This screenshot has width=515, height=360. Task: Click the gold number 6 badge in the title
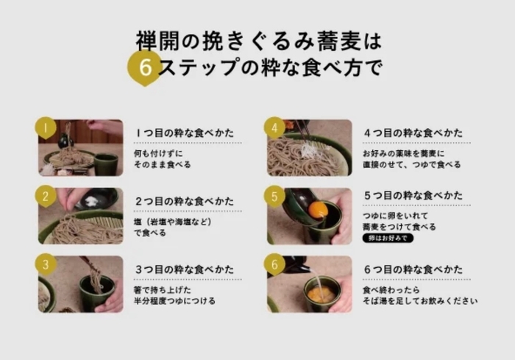(145, 68)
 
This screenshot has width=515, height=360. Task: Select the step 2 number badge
(46, 196)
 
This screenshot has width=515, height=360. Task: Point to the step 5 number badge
(274, 196)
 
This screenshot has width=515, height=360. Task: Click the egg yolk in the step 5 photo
(318, 210)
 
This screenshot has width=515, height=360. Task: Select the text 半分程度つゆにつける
(174, 301)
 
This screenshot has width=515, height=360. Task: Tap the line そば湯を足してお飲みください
(420, 301)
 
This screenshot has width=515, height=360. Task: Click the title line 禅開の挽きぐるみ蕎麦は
(259, 40)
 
